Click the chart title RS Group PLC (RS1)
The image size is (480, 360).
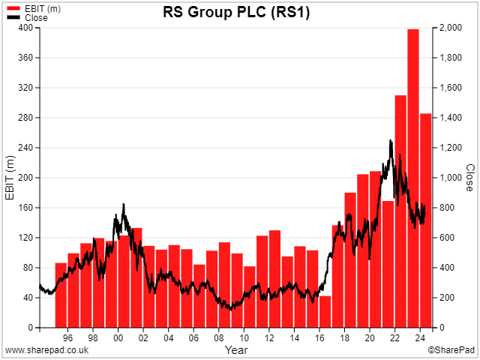236,13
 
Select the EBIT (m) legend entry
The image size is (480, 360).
34,9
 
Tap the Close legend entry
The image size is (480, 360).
27,18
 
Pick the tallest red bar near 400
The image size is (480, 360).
413,178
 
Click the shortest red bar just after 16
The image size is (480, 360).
325,312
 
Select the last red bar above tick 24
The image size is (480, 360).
425,220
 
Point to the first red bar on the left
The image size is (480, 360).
61,295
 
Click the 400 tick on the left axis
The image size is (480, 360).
25,28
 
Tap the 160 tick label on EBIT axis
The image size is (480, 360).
25,208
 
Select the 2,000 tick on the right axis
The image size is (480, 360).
451,28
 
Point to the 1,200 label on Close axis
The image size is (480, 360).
451,148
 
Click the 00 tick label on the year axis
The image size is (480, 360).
118,338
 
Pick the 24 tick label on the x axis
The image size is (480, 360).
420,338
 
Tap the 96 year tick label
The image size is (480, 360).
67,338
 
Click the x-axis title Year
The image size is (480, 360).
236,349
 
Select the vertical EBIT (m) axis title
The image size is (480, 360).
10,178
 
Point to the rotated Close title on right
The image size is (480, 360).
470,178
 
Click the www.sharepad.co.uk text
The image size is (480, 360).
46,350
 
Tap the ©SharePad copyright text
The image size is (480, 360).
451,350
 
